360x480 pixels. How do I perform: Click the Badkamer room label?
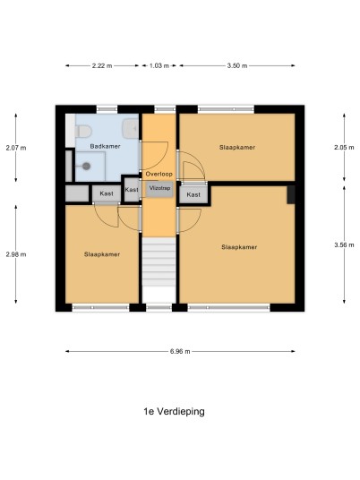(105, 146)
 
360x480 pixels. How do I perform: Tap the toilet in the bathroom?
(83, 131)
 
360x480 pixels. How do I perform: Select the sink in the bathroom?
(131, 127)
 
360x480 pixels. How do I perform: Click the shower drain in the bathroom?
(86, 167)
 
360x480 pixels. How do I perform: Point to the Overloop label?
(159, 175)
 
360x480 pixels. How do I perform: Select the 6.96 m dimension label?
(180, 351)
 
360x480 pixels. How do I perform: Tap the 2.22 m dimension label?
(102, 65)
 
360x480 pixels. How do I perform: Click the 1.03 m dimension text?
(159, 65)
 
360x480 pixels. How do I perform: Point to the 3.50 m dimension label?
(237, 65)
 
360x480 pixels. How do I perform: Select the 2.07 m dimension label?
(16, 148)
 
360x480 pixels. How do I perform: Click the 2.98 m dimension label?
(16, 254)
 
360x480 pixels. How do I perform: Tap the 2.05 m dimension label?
(344, 148)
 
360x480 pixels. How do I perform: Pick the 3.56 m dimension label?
(344, 244)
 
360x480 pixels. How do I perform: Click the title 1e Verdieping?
(175, 412)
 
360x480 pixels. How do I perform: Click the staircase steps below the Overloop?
(159, 262)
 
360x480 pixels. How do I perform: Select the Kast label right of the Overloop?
(193, 194)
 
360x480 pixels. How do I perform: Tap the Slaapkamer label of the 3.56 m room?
(239, 247)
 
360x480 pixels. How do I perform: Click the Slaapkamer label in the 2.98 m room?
(102, 254)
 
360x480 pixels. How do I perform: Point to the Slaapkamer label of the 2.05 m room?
(237, 147)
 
